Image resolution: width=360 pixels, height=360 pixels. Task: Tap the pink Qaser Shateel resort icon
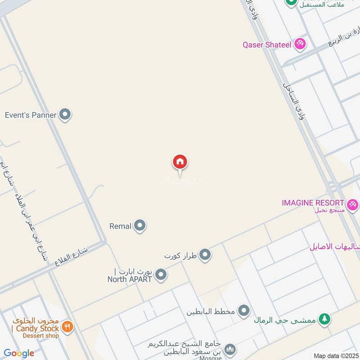[300, 44]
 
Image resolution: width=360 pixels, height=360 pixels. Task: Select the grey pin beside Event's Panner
[65, 115]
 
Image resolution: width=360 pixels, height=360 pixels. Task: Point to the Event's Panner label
[31, 115]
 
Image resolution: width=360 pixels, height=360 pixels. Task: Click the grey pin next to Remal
[140, 226]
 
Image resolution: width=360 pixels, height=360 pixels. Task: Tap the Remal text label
[120, 226]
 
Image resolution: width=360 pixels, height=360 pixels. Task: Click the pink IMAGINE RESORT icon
[352, 203]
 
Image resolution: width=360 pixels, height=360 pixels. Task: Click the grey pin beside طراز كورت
[205, 256]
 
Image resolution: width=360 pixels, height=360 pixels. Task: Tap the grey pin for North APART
[161, 274]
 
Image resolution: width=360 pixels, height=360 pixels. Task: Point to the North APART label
[130, 279]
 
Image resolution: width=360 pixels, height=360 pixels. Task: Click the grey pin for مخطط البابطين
[243, 310]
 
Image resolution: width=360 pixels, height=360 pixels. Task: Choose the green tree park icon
[324, 319]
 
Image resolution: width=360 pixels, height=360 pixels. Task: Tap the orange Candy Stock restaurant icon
[67, 327]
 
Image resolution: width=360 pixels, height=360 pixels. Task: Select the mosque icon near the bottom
[230, 349]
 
